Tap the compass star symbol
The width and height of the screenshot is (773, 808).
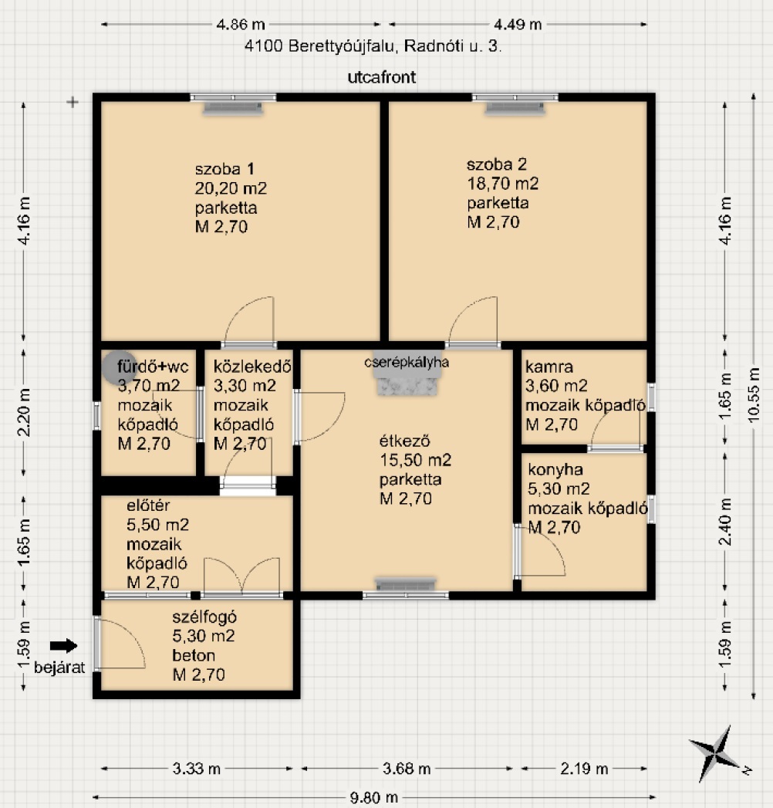point(717,754)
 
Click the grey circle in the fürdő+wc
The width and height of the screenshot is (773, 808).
point(120,367)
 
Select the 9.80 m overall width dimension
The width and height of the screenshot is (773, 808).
point(374,798)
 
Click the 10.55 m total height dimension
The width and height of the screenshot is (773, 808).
point(754,394)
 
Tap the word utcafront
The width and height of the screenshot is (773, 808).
point(382,77)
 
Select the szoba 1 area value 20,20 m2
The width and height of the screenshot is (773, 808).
point(231,188)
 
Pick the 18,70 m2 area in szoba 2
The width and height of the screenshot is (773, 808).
point(503,184)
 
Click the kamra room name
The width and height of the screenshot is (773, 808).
point(549,367)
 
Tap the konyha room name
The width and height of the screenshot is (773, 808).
point(555,469)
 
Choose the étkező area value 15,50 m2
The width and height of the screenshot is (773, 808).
point(416,460)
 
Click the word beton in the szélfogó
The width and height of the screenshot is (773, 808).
point(194,655)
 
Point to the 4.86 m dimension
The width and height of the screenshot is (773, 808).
point(241,24)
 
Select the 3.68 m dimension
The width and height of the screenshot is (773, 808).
point(407,769)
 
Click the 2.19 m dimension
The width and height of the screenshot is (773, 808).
point(584,769)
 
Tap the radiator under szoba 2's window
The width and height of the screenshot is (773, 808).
point(515,108)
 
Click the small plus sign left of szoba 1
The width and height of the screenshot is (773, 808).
point(73,102)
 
